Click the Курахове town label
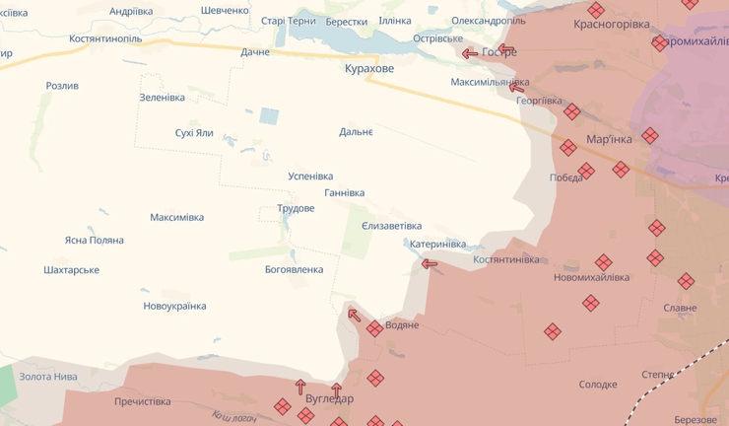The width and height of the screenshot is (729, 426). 369,68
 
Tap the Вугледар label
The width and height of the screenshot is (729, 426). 329,399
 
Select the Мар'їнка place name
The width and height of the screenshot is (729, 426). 609,139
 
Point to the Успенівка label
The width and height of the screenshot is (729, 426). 310,177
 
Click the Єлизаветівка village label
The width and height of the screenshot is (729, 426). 391,226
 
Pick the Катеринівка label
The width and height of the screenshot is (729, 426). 437,244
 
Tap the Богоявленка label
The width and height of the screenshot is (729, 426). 294,269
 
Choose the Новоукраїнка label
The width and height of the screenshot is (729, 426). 174,306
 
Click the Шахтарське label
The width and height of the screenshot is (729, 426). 72,269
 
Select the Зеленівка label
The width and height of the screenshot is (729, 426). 162,98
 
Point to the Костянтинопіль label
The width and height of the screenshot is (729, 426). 105,38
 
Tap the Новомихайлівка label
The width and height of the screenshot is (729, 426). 591,277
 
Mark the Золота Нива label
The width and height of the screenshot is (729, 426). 48,376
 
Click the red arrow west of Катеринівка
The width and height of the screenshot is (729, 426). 430,263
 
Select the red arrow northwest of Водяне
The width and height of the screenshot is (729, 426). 354,316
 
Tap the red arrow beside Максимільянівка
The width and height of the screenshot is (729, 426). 516,88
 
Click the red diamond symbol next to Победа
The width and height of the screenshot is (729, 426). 586,172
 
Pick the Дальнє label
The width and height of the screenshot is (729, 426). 356,131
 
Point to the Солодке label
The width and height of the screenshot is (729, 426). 598,385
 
